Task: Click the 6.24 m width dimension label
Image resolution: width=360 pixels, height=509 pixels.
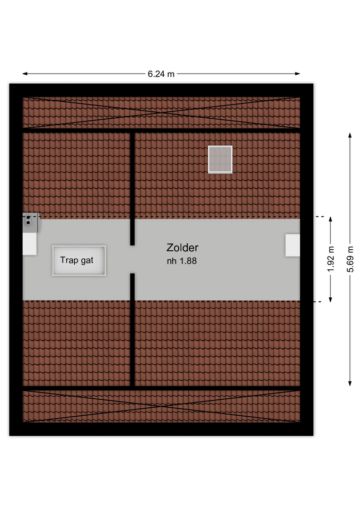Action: (x=161, y=74)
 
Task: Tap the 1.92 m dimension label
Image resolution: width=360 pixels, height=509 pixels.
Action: (x=330, y=259)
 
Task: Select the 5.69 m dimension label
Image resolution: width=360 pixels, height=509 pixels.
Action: (x=350, y=259)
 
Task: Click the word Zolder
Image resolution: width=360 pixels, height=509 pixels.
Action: (x=182, y=248)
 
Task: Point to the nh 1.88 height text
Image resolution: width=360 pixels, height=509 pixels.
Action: (x=182, y=261)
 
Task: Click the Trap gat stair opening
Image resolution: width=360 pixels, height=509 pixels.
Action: (x=79, y=261)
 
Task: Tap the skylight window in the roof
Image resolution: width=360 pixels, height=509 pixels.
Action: (x=220, y=160)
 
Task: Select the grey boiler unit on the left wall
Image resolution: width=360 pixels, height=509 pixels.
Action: (x=31, y=223)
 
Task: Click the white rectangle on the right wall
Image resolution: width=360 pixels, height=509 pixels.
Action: (x=293, y=245)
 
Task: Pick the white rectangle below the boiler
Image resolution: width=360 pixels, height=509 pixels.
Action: (x=30, y=244)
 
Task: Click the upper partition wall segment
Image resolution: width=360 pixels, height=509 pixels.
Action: (x=133, y=189)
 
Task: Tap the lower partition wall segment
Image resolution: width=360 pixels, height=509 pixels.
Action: (x=133, y=330)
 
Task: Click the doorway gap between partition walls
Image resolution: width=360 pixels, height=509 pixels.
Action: (x=133, y=259)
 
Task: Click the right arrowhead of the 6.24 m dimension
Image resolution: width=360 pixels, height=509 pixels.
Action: (x=297, y=74)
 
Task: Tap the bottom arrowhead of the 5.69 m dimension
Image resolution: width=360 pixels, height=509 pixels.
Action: (x=350, y=383)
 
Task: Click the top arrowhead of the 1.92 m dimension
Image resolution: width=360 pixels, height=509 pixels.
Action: (x=330, y=220)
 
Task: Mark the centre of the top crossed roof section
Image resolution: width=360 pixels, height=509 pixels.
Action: (x=161, y=112)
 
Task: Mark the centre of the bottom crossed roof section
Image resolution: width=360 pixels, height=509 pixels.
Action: (x=161, y=406)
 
